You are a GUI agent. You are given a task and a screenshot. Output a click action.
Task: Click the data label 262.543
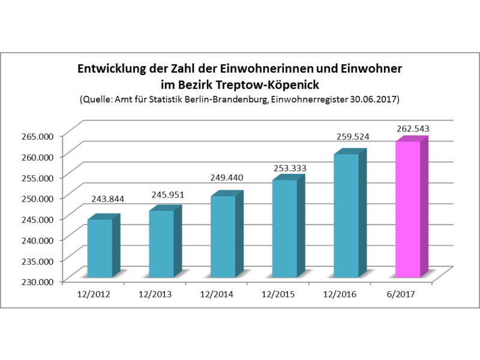click(413, 129)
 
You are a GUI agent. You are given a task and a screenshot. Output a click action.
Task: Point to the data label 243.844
click(108, 199)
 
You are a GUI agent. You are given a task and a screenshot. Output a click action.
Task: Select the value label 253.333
click(290, 168)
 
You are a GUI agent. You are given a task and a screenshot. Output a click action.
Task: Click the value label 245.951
click(168, 194)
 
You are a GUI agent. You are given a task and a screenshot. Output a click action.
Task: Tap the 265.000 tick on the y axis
click(37, 136)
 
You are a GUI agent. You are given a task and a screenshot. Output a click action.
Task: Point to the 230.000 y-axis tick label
click(37, 281)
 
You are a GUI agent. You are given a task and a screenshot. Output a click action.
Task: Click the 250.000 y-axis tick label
click(37, 199)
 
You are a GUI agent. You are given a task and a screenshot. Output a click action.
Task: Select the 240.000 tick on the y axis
click(37, 240)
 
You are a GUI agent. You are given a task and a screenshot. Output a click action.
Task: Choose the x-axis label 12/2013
click(155, 295)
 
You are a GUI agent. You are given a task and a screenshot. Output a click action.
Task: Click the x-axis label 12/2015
click(278, 295)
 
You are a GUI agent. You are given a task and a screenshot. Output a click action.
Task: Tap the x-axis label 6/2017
click(401, 295)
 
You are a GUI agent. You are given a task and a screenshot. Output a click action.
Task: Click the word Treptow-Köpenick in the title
click(267, 85)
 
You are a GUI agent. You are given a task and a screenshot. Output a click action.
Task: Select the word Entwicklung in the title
click(112, 68)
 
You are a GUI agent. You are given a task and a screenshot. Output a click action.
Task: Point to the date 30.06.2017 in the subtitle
click(373, 100)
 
